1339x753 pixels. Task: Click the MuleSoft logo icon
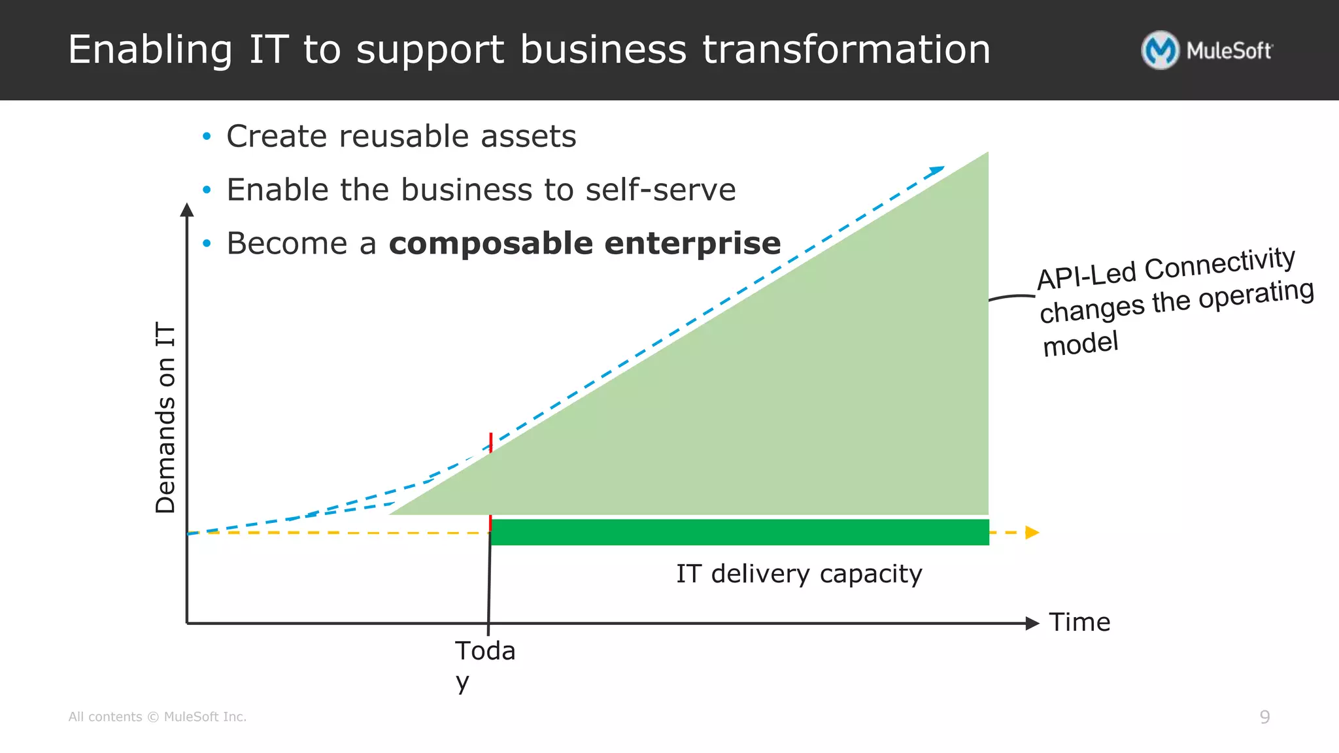1160,50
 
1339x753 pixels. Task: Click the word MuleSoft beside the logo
1229,51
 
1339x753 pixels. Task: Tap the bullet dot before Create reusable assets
207,137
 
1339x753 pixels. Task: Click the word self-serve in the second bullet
660,190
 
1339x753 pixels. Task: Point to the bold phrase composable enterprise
585,243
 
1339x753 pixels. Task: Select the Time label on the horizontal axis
1079,622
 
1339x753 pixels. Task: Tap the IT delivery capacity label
799,574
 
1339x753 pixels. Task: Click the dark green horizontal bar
739,532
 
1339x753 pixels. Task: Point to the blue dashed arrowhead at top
937,171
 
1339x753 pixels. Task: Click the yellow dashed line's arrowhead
1032,533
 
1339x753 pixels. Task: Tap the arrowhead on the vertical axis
187,210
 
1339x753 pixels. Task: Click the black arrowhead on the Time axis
1032,624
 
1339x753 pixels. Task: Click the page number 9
1264,717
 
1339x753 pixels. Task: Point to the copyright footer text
158,717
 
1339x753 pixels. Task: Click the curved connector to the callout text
1011,297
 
